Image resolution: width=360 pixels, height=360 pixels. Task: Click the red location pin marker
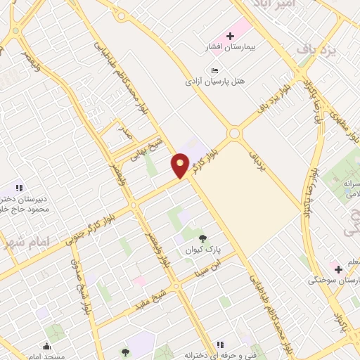tap(181, 165)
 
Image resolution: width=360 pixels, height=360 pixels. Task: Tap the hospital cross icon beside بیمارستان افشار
tap(229, 35)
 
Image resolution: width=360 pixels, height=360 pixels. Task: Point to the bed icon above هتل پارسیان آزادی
tap(215, 71)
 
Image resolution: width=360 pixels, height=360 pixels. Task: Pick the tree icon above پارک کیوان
tap(203, 238)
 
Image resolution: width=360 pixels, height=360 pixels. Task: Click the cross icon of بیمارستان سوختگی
tap(337, 269)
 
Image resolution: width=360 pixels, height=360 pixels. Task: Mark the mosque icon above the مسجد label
tap(47, 346)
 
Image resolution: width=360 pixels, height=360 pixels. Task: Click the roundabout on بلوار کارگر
tap(234, 132)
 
